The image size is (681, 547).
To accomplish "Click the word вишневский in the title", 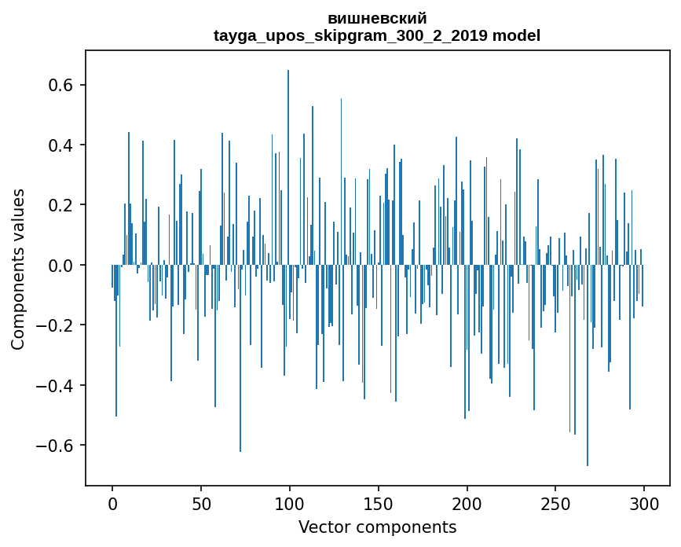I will (x=377, y=19).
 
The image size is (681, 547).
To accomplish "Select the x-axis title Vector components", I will (x=377, y=527).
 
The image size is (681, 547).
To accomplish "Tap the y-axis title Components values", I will (x=18, y=270).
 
